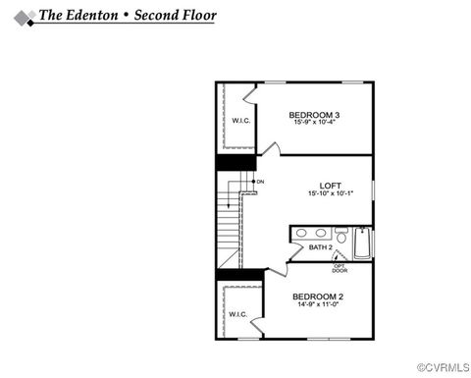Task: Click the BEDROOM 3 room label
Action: point(314,114)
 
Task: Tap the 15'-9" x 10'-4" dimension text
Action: point(314,122)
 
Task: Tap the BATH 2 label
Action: point(321,247)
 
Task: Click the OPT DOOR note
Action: point(340,267)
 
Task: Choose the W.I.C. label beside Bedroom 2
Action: point(238,315)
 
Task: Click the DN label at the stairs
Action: point(260,182)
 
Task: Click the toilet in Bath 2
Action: point(340,236)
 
